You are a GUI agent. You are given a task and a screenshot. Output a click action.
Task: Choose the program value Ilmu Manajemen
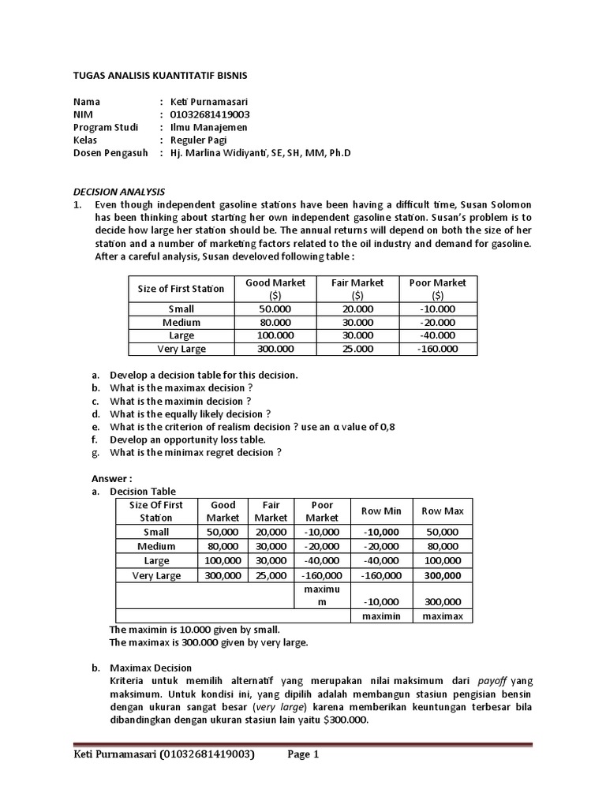[208, 127]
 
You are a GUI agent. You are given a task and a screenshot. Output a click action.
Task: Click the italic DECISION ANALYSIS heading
[118, 192]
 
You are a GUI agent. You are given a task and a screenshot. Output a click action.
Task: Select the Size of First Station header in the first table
[181, 289]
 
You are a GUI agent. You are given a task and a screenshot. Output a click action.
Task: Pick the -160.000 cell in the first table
[438, 349]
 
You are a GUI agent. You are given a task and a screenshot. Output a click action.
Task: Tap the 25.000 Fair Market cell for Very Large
[357, 349]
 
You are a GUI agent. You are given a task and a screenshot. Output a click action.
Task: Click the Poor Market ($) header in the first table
[438, 289]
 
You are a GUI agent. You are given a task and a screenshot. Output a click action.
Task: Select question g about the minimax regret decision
[195, 452]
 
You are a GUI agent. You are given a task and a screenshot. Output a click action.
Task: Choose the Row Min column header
[382, 511]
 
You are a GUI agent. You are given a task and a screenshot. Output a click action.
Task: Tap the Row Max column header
[443, 511]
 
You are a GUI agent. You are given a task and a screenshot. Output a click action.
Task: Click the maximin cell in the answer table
[382, 615]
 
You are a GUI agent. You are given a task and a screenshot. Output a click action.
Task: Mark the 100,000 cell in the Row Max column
[443, 560]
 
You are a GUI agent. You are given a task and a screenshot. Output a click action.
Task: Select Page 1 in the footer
[303, 754]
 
